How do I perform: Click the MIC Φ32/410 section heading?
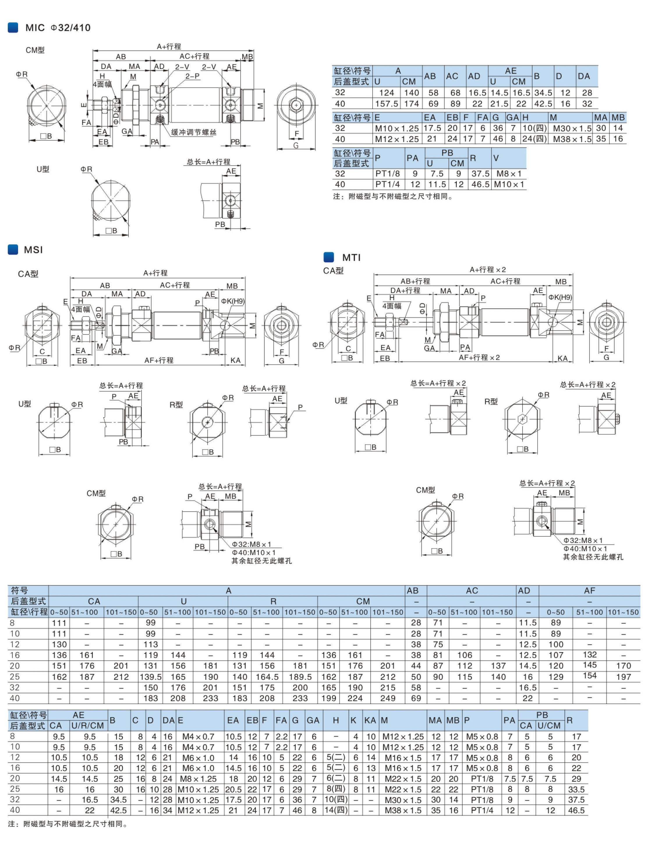[58, 28]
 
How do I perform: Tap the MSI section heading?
[33, 250]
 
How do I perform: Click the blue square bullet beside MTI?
[329, 257]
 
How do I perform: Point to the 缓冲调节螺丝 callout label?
[194, 132]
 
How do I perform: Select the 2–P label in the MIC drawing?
[192, 76]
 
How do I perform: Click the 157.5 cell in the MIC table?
[386, 104]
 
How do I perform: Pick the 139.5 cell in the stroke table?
[150, 677]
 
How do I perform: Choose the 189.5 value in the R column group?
[300, 677]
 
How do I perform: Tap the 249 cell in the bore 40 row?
[387, 698]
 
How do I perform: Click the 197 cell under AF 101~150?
[623, 677]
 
